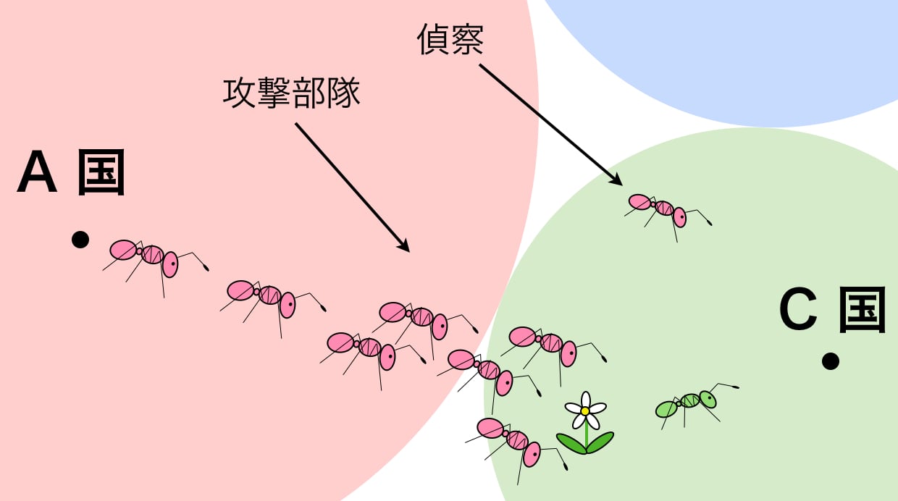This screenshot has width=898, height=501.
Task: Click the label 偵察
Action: (x=450, y=41)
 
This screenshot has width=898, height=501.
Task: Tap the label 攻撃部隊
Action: (x=291, y=94)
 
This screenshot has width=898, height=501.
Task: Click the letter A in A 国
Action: (x=37, y=173)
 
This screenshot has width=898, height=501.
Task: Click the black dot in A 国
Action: (x=80, y=240)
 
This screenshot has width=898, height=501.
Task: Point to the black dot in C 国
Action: (x=830, y=361)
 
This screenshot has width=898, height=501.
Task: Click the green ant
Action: (x=688, y=403)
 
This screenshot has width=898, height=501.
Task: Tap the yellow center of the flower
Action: (x=585, y=411)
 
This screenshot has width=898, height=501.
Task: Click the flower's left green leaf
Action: (x=571, y=442)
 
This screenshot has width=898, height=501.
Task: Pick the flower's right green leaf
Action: (x=600, y=441)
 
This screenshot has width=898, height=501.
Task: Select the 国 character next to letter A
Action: (x=101, y=173)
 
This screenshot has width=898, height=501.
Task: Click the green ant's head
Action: (x=707, y=398)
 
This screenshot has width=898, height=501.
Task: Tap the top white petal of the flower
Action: (x=585, y=399)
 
